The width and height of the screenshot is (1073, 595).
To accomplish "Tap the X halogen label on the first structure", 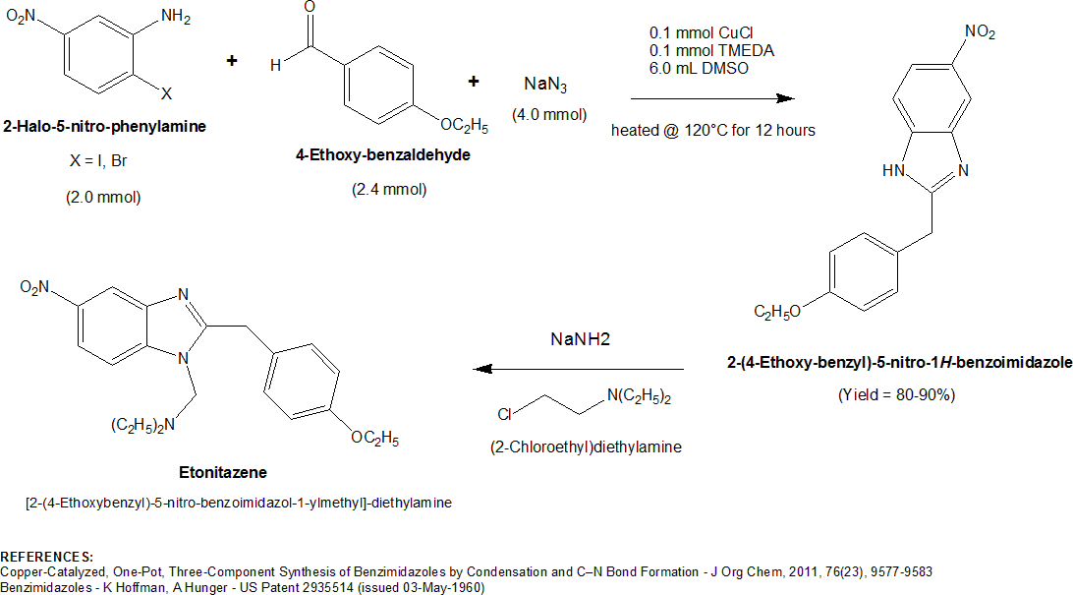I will pos(166,93).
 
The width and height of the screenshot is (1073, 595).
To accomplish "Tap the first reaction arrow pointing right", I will pos(711,98).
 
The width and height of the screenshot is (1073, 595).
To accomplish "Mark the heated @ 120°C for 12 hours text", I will pos(712,130).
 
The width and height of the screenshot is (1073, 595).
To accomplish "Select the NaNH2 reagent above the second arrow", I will pos(579,339).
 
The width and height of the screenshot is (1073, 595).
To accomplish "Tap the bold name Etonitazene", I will pos(225,473).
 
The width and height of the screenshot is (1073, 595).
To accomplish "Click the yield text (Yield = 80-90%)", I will pos(896,394).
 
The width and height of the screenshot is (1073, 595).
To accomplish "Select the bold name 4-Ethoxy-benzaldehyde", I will pos(383,153).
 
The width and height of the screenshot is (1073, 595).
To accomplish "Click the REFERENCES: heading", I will pos(47,557).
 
